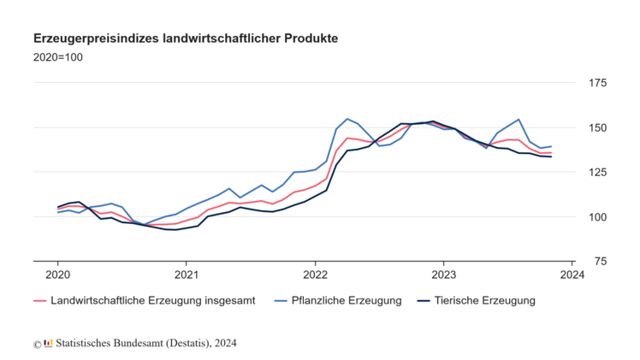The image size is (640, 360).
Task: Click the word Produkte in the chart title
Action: (311, 39)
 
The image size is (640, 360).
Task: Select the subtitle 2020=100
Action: (57, 57)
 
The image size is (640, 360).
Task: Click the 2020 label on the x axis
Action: (57, 274)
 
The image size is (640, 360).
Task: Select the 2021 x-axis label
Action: (187, 274)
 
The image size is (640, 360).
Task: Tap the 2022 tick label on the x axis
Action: (315, 274)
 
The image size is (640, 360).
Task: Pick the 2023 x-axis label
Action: (443, 274)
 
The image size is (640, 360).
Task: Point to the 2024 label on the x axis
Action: (572, 274)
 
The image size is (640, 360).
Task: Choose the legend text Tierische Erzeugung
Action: (484, 301)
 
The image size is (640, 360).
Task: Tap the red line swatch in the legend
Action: (39, 301)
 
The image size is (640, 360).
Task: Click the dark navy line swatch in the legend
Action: (422, 301)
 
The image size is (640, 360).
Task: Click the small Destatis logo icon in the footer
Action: (49, 344)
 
